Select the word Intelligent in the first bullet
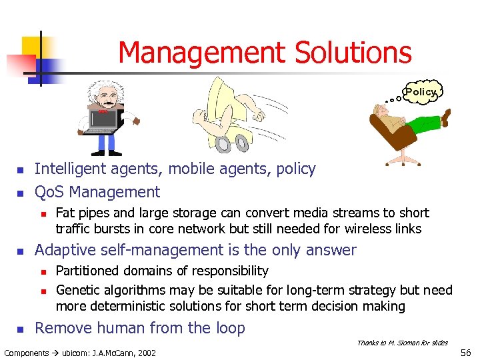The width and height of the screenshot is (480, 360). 65,169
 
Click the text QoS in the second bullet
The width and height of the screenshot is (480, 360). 49,193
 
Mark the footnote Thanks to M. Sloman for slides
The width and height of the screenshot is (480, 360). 402,343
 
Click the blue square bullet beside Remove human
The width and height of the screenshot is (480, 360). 20,329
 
